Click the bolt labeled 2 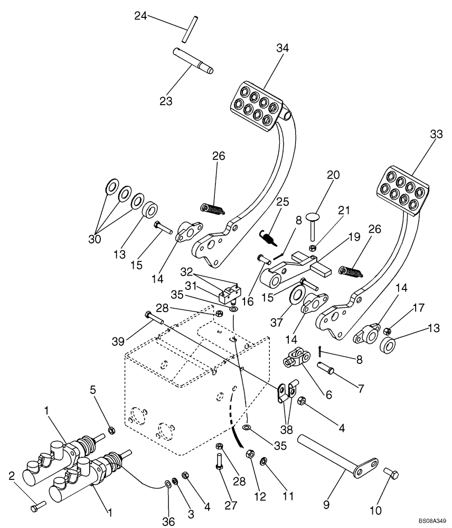35,507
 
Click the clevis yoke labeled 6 294,361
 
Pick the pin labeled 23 193,59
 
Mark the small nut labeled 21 313,247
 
